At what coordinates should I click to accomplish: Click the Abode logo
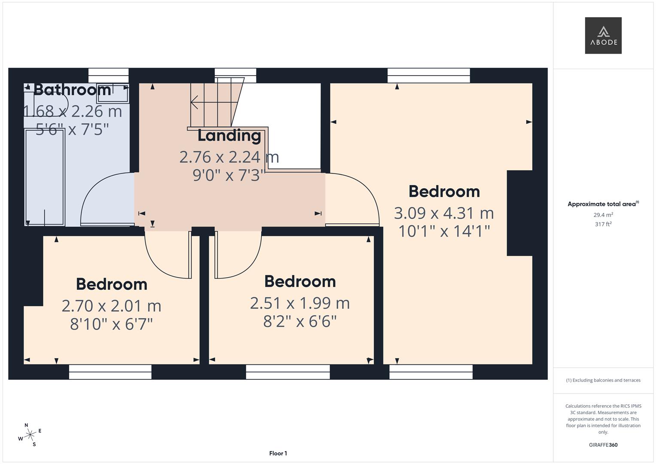603,36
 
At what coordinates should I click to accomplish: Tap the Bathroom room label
72,90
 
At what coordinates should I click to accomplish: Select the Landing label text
229,135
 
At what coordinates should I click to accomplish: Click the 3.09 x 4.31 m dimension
444,213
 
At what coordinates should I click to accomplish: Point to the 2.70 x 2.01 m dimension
111,306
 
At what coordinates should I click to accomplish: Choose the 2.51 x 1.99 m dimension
300,303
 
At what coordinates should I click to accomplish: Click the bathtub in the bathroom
45,177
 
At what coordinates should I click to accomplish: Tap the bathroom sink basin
112,93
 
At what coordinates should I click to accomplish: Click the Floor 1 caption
278,453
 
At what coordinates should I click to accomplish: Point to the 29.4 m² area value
603,215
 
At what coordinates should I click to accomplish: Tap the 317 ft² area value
603,224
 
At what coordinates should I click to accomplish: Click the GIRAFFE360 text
603,445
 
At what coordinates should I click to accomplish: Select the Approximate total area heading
603,204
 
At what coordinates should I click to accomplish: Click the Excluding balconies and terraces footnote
603,380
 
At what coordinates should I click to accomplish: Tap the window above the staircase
235,75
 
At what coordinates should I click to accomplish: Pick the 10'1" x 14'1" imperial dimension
444,232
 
